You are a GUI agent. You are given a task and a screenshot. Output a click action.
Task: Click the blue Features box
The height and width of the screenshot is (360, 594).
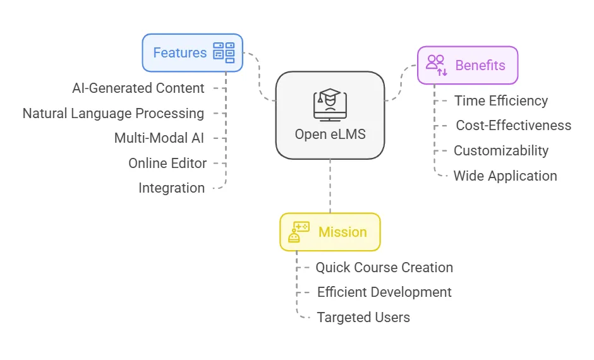pos(192,53)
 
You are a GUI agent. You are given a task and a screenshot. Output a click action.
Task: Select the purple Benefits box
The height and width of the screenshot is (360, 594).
pos(468,65)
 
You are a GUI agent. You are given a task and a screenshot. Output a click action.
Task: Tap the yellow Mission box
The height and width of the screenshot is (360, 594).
pos(330,232)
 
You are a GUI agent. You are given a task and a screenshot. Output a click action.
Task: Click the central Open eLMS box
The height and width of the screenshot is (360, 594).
pos(330,114)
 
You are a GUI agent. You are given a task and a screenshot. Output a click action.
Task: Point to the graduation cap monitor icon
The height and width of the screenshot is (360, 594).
pos(330,104)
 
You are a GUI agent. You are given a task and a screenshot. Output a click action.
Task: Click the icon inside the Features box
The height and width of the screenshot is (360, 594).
pos(224,53)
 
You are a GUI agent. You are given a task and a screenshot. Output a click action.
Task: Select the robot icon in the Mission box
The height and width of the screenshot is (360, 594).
pos(298,232)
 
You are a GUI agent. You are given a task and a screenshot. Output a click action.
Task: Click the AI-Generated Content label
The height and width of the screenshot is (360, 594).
pos(138,88)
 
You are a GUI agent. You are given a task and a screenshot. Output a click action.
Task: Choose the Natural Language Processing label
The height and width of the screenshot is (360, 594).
pos(113,114)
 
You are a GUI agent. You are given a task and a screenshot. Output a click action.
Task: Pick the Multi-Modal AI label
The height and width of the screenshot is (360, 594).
pos(159,138)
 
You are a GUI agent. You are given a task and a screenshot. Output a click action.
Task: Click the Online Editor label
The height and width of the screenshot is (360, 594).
pos(167,163)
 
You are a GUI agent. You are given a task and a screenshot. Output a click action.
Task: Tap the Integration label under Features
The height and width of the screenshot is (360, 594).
pos(172,188)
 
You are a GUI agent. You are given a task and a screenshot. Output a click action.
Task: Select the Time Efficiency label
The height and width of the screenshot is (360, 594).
pos(501,100)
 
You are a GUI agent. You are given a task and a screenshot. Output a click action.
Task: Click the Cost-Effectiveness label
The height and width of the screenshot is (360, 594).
pos(513,126)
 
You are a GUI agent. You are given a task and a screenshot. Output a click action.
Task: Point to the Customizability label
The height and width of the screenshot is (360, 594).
pos(501,151)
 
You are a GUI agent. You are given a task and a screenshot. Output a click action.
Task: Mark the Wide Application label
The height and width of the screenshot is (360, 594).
pos(506,176)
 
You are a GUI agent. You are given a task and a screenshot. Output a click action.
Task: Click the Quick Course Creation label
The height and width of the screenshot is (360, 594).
pos(384,267)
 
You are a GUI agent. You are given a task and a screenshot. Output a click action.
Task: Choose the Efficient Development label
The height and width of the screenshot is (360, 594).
pos(384,292)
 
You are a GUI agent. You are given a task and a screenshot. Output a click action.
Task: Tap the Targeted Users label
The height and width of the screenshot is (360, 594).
pos(363,318)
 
